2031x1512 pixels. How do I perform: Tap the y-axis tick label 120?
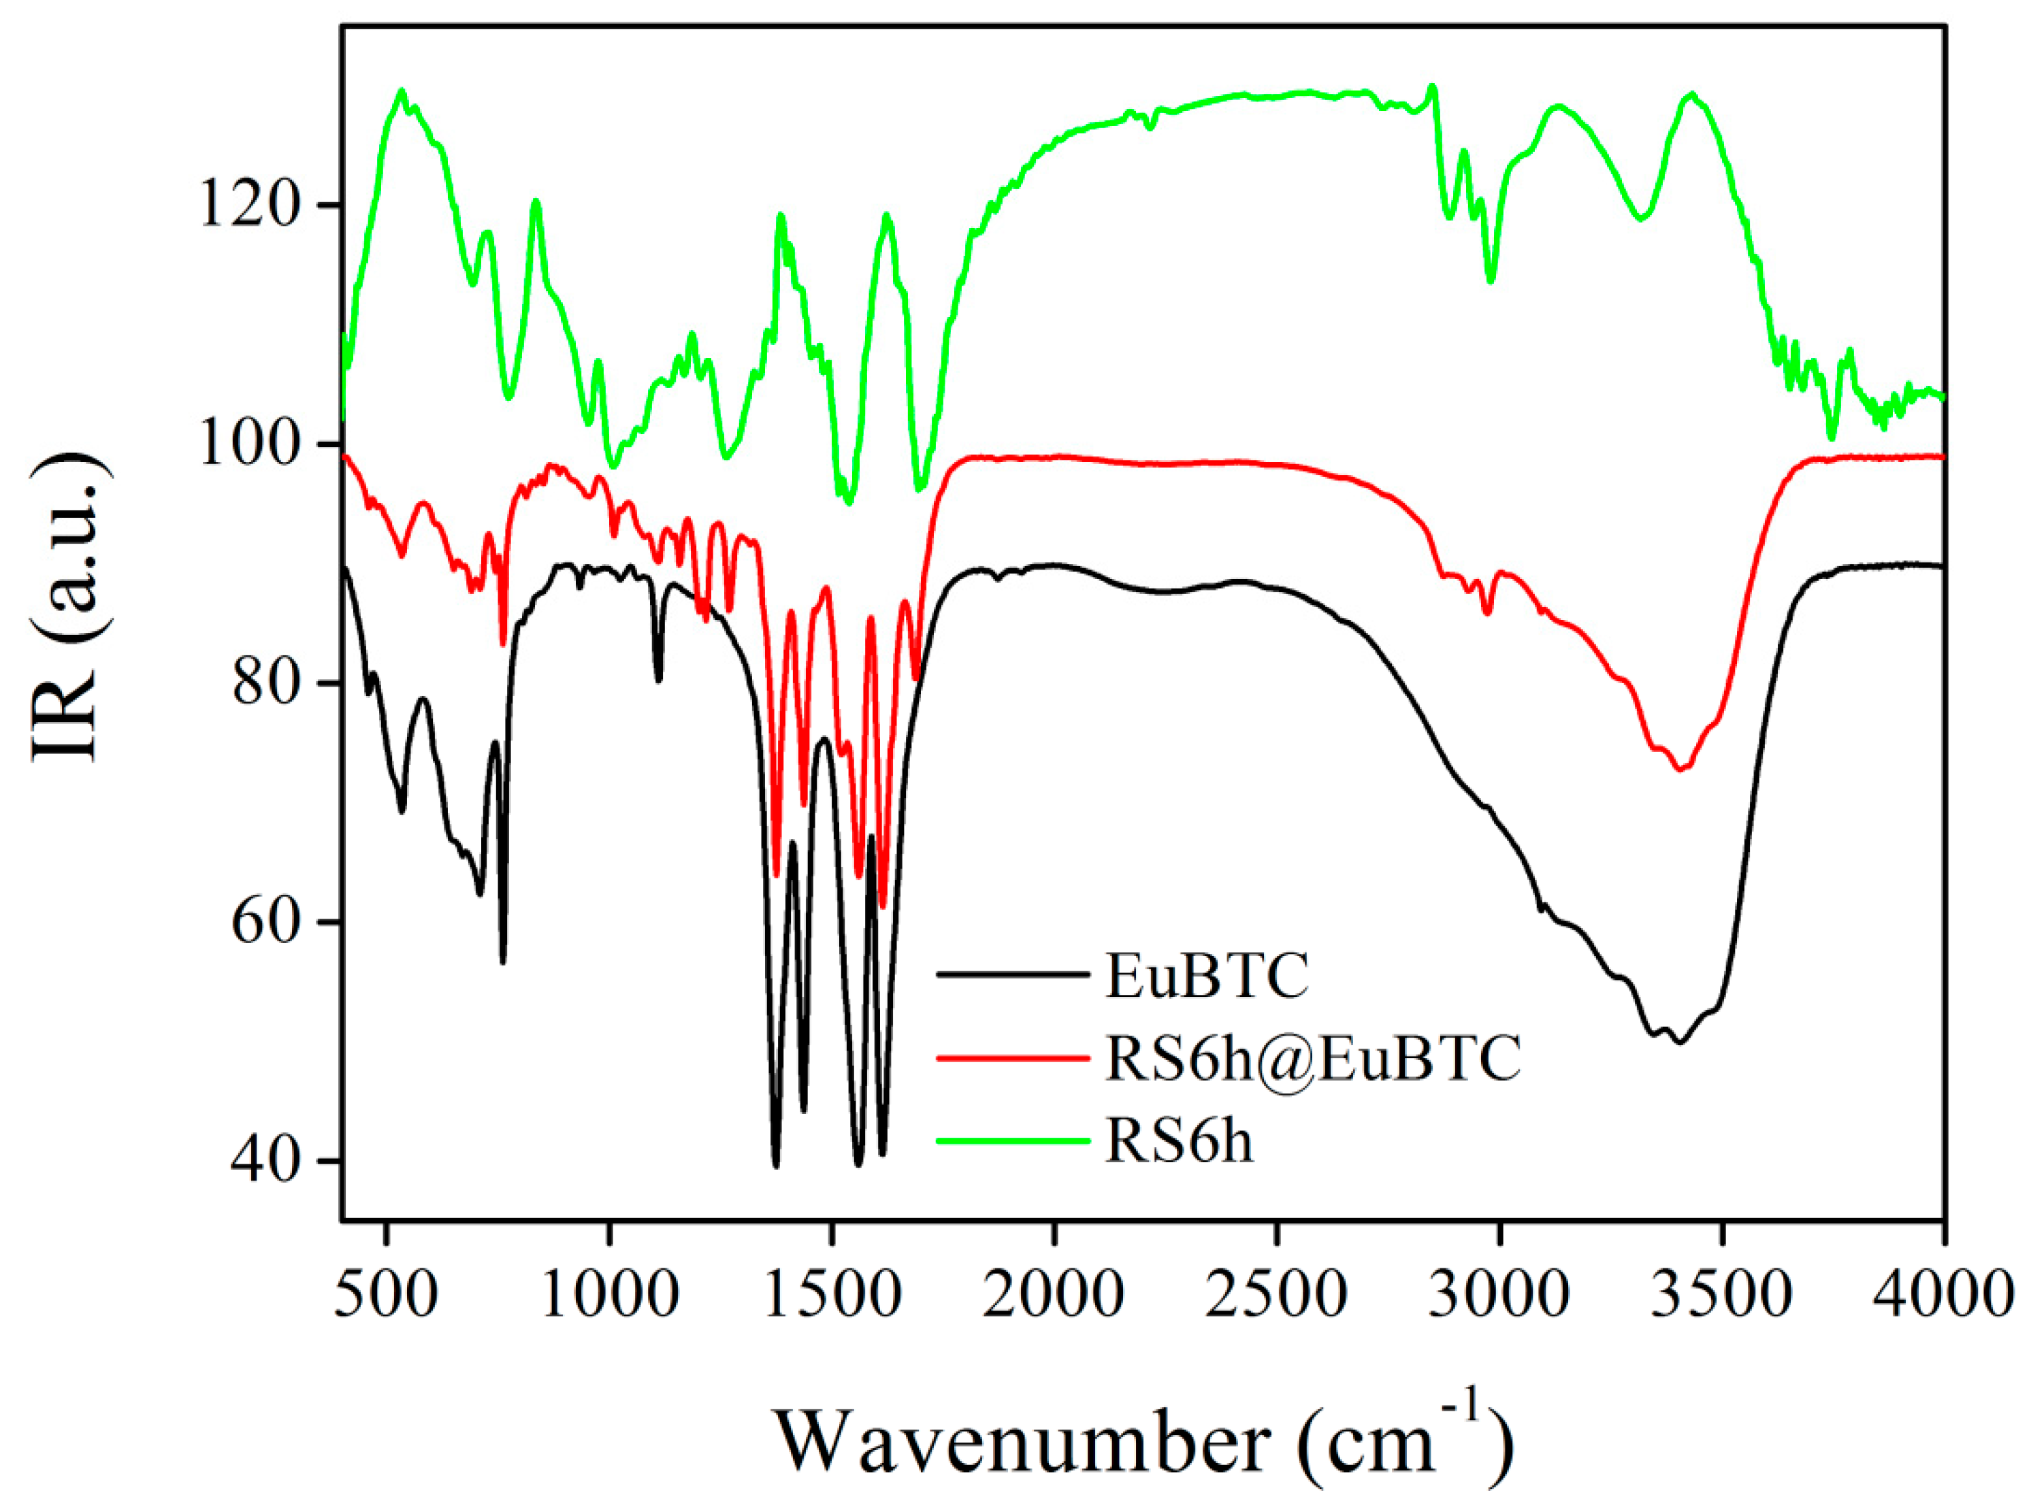tap(249, 205)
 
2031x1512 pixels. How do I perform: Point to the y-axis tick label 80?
tap(265, 683)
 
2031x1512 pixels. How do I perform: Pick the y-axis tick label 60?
tap(265, 921)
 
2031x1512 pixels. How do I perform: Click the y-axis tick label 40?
tap(265, 1161)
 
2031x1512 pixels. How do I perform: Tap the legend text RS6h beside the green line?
tap(1179, 1140)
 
